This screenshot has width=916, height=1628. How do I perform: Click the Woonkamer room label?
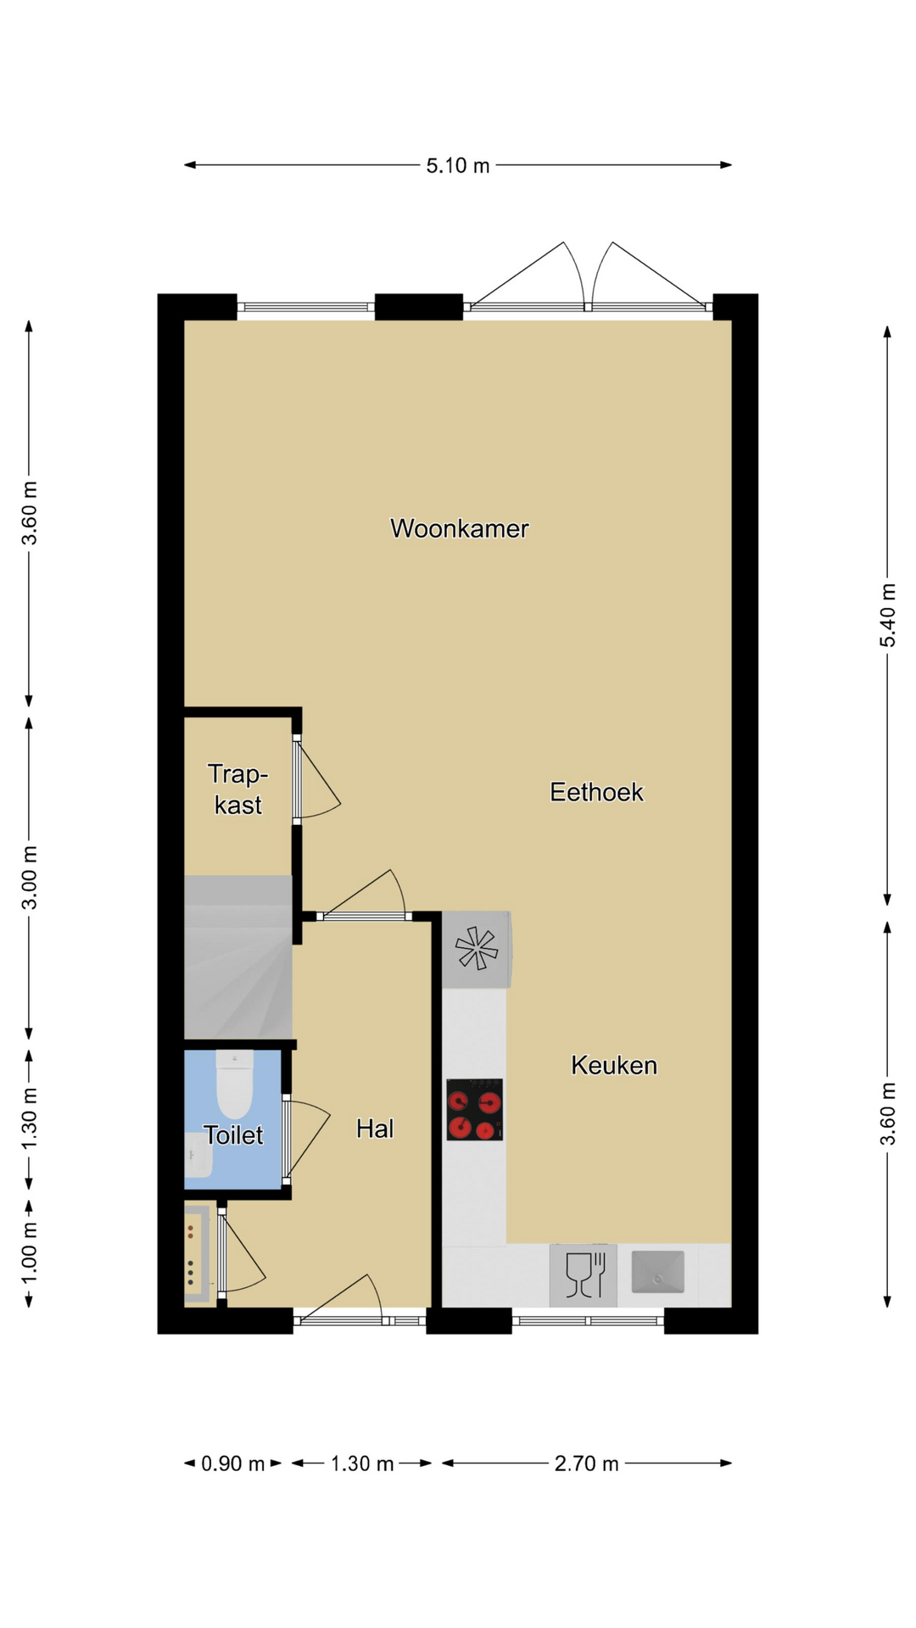(459, 528)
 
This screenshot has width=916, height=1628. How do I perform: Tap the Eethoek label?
(596, 792)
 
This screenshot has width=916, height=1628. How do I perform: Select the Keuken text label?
(614, 1065)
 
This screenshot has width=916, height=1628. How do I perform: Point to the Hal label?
(375, 1128)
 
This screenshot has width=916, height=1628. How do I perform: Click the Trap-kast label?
(238, 789)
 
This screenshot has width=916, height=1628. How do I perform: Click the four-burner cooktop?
(475, 1109)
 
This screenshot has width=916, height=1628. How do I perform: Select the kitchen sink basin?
(657, 1272)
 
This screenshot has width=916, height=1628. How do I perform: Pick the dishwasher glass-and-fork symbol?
(584, 1274)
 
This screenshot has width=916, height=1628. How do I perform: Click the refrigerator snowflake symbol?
(476, 949)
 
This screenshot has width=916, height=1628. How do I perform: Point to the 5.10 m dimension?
(458, 165)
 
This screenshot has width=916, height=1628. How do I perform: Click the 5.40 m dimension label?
(887, 615)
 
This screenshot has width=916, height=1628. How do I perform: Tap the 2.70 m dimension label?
(587, 1464)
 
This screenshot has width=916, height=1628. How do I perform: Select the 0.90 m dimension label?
(233, 1464)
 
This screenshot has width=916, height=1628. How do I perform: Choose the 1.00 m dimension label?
(29, 1252)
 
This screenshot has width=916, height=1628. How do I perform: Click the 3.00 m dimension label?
(29, 878)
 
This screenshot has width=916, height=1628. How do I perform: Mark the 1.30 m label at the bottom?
(362, 1464)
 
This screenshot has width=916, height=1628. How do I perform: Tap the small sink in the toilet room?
(198, 1156)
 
